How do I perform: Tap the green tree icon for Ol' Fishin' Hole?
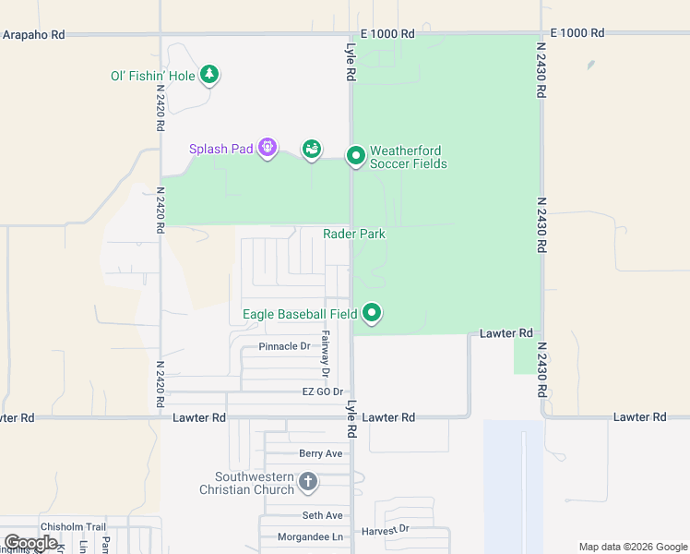coord(209,74)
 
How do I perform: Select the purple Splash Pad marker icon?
coord(268,147)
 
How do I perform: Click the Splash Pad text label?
coord(220,149)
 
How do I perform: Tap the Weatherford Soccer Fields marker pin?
coord(356,156)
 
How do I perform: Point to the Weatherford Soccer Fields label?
coord(408,158)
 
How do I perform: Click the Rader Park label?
coord(354,235)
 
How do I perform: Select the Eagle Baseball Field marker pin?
coord(372,313)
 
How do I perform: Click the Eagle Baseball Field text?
coord(300,315)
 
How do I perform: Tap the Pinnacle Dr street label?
coord(284,346)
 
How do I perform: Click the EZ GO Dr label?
coord(322,392)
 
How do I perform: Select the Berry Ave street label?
coord(320,453)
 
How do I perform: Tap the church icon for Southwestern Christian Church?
coord(308,481)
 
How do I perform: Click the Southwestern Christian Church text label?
coord(246,483)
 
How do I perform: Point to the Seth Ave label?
coord(322,515)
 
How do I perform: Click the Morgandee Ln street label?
coord(311,536)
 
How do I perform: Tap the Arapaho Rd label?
coord(33,34)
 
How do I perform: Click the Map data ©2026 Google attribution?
coord(632,547)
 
